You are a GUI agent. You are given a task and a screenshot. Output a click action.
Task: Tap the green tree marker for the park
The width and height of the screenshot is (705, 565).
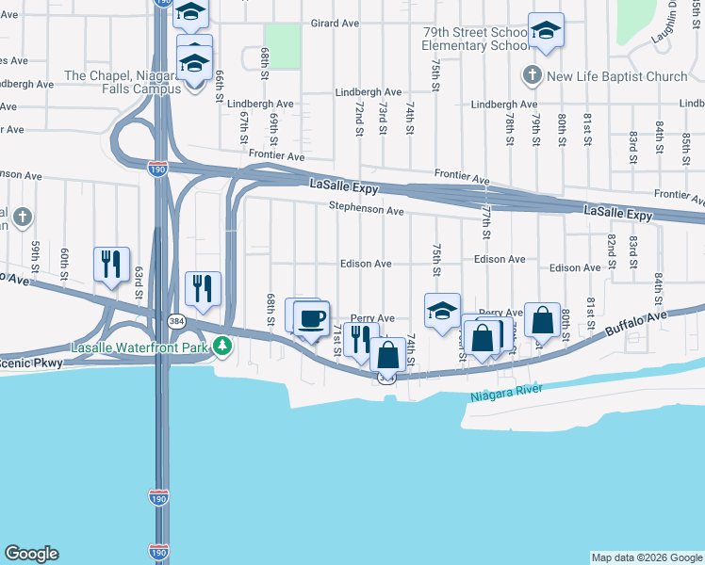222,347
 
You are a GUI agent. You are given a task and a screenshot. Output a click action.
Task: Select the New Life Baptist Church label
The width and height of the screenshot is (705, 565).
617,76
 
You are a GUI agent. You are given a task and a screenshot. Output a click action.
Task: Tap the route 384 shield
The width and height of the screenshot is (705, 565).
176,321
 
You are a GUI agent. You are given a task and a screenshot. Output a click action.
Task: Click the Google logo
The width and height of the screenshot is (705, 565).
31,554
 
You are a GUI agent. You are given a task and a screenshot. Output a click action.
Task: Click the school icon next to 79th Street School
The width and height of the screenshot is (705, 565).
545,30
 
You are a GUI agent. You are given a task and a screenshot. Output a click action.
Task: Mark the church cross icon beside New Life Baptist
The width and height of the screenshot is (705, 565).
532,74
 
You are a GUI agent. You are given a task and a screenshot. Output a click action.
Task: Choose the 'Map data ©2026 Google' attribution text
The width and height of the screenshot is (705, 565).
646,557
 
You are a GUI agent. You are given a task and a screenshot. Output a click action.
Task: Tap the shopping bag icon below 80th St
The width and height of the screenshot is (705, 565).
543,320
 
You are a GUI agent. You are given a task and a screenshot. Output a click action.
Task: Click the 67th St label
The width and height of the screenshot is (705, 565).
244,128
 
